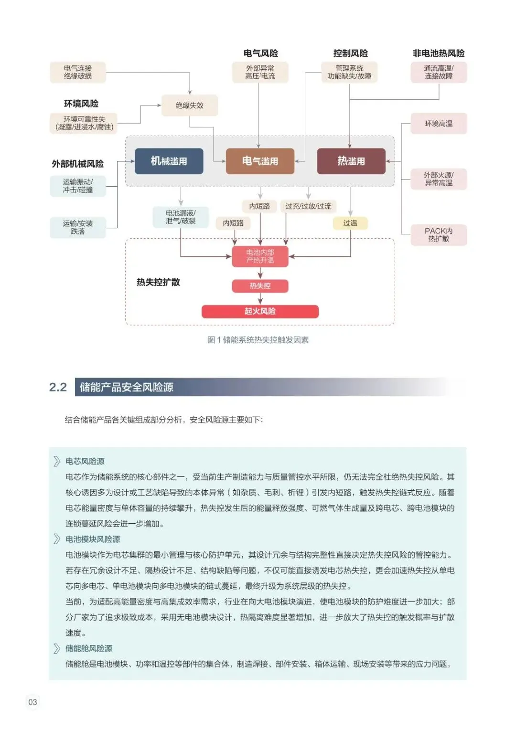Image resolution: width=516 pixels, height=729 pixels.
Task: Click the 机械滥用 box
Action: coord(169,161)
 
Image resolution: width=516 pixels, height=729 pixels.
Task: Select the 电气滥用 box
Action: coord(260,161)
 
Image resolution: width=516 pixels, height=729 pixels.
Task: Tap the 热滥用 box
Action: coord(351,161)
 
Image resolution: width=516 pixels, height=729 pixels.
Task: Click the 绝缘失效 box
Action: coord(190,106)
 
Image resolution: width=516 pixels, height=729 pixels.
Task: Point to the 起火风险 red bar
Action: coord(260,311)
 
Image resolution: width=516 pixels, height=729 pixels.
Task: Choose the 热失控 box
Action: coord(260,285)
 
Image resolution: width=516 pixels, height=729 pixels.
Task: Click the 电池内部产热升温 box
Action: coord(260,256)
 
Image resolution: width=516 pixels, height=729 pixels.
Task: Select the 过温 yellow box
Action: coord(350,223)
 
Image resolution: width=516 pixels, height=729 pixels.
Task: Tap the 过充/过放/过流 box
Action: coord(308,206)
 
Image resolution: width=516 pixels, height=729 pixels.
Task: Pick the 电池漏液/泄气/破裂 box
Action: coord(181,217)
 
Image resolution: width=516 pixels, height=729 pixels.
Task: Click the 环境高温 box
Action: coord(439,124)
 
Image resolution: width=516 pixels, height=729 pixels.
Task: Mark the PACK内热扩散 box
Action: coord(439,235)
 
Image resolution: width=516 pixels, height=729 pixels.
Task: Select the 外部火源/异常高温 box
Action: coord(439,179)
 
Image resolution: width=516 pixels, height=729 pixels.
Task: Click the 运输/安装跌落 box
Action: coord(78,227)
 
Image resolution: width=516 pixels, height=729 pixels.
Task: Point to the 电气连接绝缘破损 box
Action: coord(78,72)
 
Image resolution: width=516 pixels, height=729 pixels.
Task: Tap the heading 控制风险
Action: coord(350,53)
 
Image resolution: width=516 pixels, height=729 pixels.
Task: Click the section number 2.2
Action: coord(58,387)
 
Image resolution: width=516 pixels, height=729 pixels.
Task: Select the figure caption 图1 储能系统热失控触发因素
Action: coord(258,340)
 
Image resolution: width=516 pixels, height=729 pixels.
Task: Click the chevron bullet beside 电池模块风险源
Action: coord(57,539)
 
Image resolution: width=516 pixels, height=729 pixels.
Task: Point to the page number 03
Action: coord(32,702)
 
